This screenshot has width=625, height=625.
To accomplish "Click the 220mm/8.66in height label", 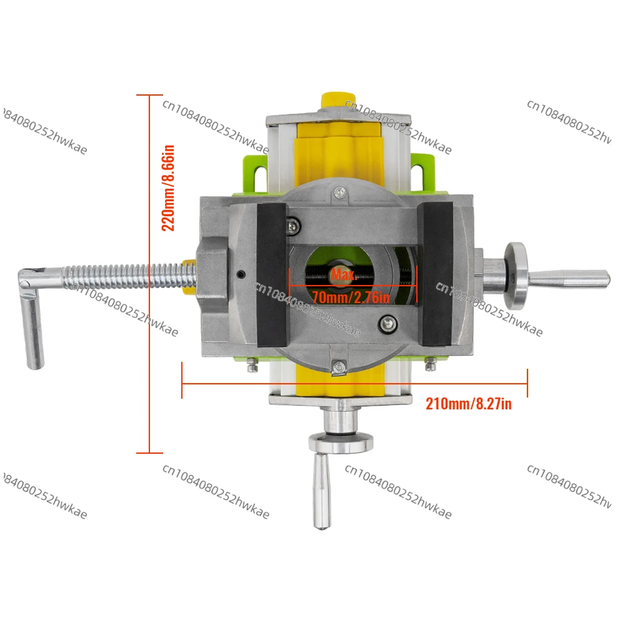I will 169,187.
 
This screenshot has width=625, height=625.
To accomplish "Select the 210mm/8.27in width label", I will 468,404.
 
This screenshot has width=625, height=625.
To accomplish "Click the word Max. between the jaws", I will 343,274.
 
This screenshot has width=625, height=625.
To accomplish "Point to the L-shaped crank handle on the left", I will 31,319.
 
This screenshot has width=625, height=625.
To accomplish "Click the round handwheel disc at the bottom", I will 337,442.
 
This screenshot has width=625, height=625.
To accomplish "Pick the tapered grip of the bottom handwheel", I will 322,491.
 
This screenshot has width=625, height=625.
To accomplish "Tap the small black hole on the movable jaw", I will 241,273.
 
